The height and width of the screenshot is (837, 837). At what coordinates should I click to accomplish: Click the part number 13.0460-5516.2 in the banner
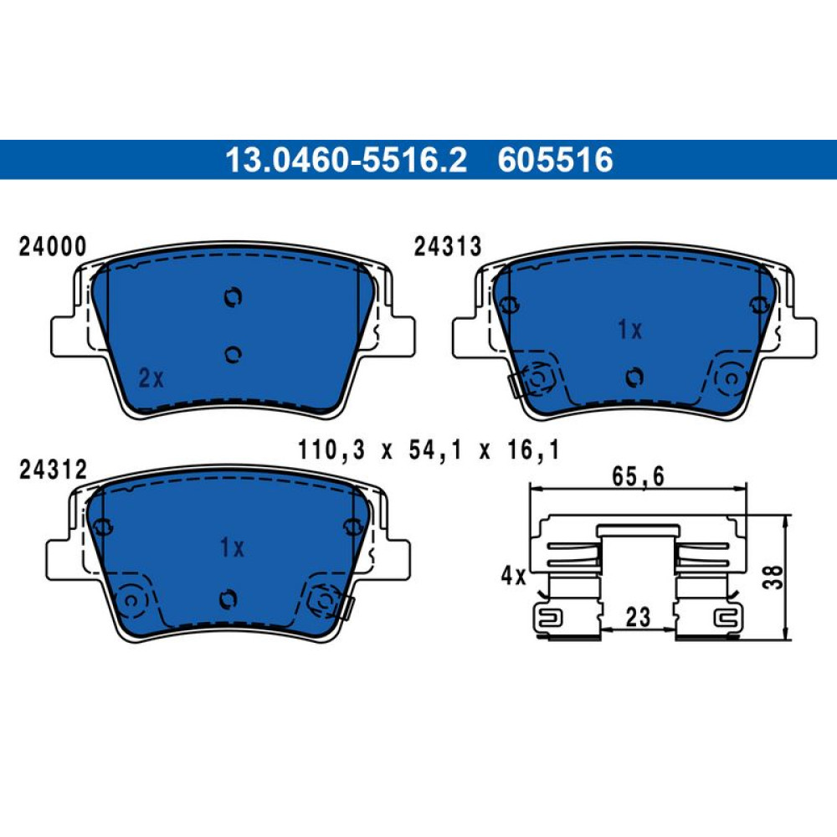tap(346, 160)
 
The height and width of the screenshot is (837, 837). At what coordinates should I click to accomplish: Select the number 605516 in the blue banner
tap(555, 160)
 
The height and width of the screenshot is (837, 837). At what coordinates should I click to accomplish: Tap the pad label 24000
tap(52, 247)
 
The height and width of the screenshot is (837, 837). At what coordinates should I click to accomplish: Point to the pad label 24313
tap(448, 247)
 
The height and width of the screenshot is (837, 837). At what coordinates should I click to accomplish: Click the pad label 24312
tap(52, 470)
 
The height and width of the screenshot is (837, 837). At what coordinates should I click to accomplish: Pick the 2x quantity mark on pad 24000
tap(151, 378)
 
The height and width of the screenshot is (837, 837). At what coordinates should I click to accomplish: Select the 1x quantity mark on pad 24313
tap(630, 330)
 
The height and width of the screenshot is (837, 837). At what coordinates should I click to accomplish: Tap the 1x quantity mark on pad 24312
tap(232, 547)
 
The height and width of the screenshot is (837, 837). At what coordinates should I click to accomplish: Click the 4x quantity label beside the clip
tap(513, 576)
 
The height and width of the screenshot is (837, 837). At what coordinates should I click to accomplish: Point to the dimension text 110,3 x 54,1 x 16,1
tap(429, 450)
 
